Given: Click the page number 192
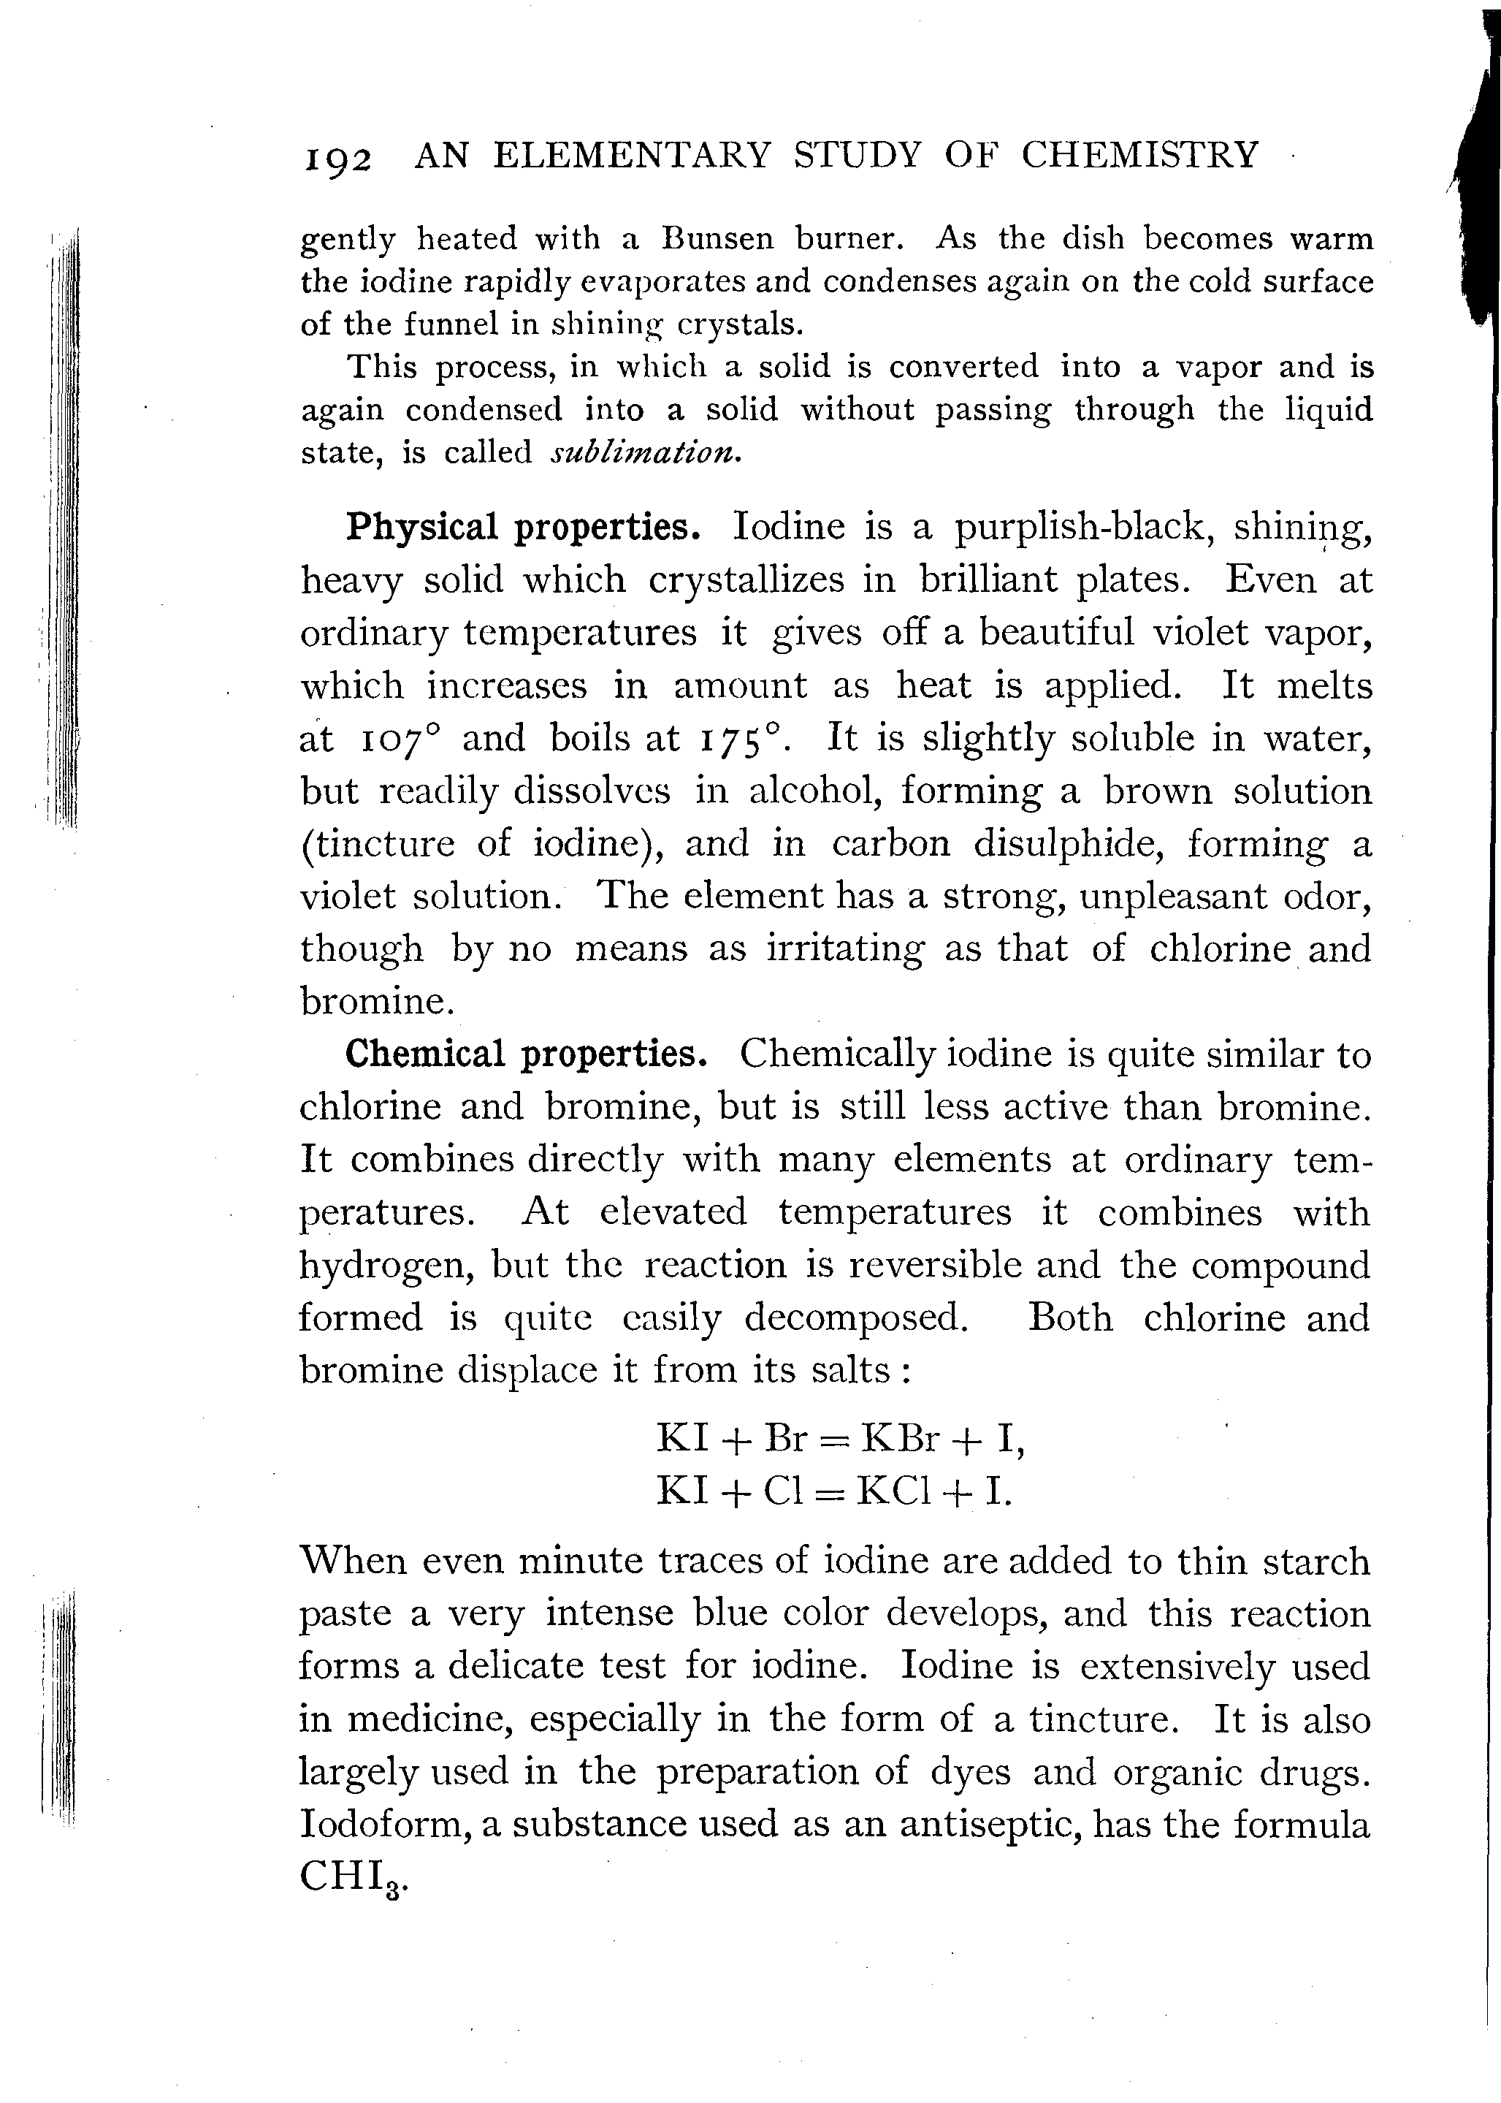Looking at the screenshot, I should click(x=337, y=159).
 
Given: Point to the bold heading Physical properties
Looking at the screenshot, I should click(x=522, y=528).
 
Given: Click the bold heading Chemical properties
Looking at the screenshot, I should click(x=526, y=1054).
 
